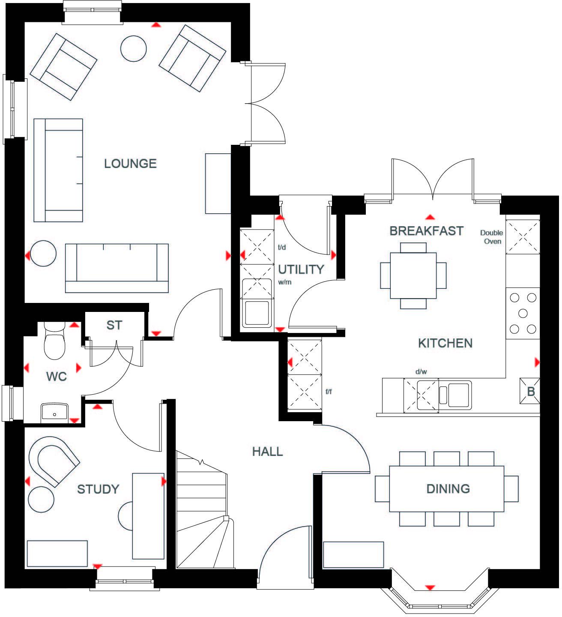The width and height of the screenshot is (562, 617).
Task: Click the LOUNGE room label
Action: pos(130,163)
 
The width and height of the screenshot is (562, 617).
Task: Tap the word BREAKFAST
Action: pos(426,231)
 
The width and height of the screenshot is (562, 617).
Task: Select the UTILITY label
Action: pos(301,270)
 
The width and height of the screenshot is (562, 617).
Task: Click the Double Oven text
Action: pos(491,237)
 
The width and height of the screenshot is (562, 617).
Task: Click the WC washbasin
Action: pos(54,412)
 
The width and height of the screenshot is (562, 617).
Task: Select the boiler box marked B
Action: pos(530,391)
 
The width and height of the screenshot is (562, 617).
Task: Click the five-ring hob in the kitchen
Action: pos(523,313)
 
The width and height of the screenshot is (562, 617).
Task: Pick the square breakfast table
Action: pos(413,276)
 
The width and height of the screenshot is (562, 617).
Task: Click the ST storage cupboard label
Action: pos(114,325)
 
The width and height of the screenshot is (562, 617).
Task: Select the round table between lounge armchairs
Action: pos(134,48)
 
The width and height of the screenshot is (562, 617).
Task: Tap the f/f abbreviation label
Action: pos(329,392)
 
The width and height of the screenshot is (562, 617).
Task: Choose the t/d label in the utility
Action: pos(282,247)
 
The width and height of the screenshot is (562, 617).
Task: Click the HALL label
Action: pos(267,452)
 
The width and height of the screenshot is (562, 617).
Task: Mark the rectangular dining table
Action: pos(447,489)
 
